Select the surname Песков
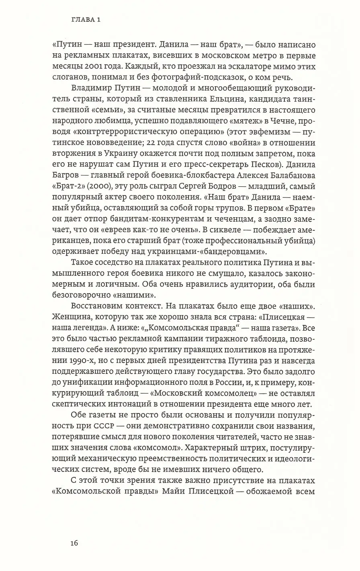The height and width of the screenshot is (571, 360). click(262, 165)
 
